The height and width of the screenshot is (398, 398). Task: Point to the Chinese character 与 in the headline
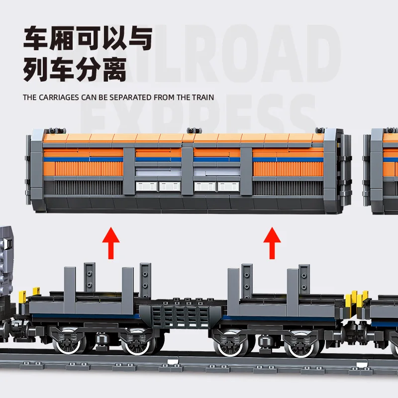tap(136, 39)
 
